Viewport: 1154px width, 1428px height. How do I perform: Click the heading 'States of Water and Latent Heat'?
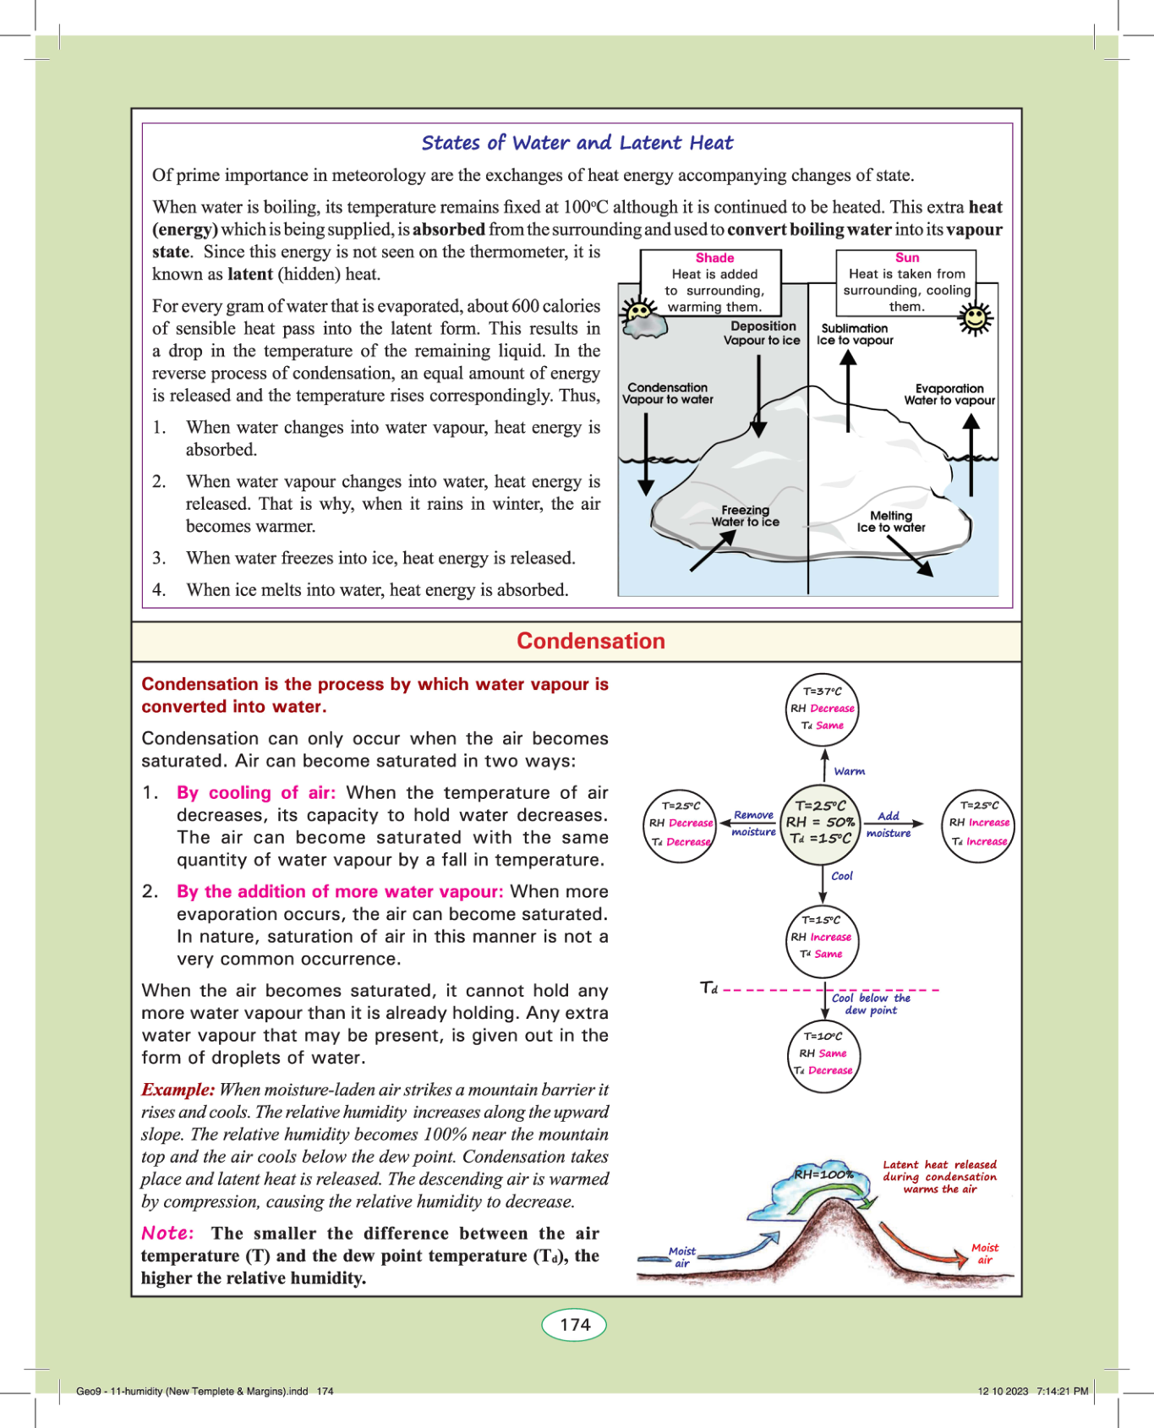pos(577,143)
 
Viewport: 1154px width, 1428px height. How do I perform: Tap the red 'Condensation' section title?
pos(591,641)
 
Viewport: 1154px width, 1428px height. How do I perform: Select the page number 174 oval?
pos(574,1324)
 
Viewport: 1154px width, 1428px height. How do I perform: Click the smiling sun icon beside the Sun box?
pos(976,319)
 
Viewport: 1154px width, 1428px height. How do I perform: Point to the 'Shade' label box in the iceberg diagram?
pos(714,282)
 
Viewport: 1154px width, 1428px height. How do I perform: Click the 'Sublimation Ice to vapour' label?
pos(855,334)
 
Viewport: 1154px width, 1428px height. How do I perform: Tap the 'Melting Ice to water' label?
pos(891,522)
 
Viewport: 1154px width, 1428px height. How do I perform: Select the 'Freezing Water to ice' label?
pos(745,516)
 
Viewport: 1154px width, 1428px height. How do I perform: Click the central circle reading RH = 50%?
pos(820,822)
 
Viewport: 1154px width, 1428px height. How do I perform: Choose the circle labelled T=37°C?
pos(823,709)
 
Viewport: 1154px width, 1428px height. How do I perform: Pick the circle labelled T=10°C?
pos(823,1053)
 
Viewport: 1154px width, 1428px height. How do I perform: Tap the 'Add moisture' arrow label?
pos(889,824)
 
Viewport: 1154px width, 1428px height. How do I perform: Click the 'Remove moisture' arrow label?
pos(753,823)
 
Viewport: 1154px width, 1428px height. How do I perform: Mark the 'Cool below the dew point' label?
pos(871,1004)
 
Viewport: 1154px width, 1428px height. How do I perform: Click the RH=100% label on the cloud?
pos(823,1174)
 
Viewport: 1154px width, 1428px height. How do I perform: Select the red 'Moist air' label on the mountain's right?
pos(985,1253)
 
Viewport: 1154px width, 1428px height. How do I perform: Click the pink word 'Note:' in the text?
pos(167,1233)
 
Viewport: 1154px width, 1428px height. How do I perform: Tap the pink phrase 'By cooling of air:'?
pos(255,792)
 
